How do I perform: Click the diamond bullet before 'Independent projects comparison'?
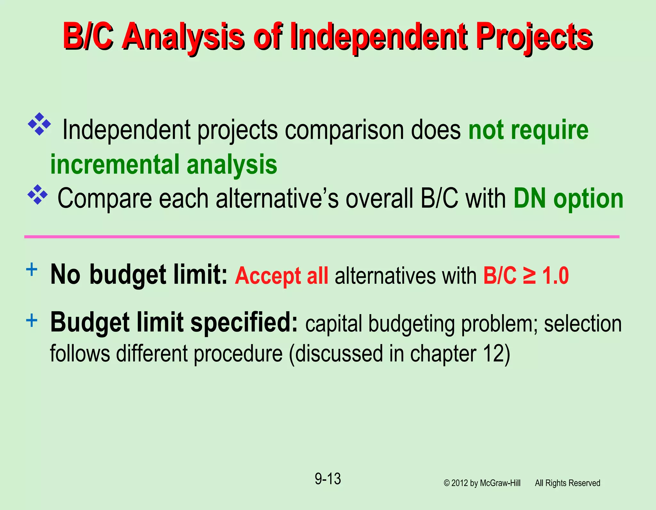(x=39, y=124)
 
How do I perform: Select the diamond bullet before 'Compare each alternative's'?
(x=37, y=194)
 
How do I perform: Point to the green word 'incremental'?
(x=115, y=164)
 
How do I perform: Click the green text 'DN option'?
(x=568, y=199)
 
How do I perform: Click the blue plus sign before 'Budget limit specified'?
(x=31, y=320)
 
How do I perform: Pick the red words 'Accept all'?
(x=282, y=276)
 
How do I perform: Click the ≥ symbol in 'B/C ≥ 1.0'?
(x=529, y=275)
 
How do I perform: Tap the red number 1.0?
(x=555, y=275)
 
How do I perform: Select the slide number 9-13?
(x=328, y=479)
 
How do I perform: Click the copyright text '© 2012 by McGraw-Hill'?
(x=482, y=483)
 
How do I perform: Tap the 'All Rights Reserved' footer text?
(x=567, y=483)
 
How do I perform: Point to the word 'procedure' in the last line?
(x=238, y=353)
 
